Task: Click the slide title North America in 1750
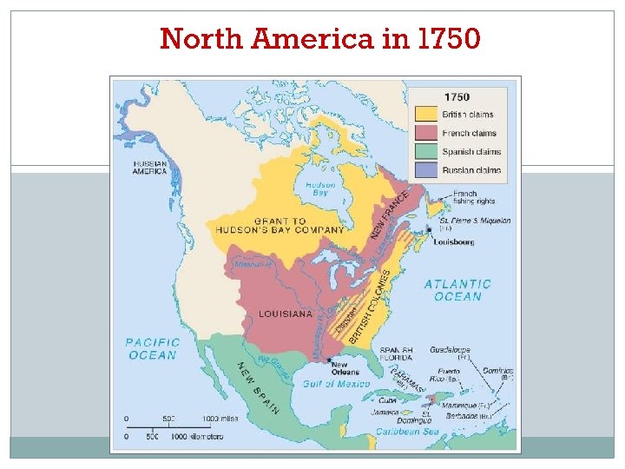point(319,38)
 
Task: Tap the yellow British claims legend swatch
point(427,114)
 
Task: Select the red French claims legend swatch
point(427,133)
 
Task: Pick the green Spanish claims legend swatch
point(427,152)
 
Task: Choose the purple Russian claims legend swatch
point(427,170)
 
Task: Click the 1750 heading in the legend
point(457,96)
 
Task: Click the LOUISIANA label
point(286,314)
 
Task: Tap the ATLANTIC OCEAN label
point(457,290)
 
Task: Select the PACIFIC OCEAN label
point(154,348)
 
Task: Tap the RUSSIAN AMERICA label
point(150,167)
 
